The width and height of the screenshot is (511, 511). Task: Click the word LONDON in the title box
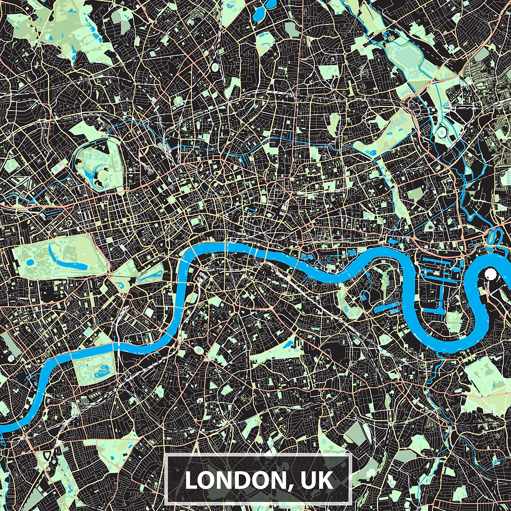click(x=235, y=480)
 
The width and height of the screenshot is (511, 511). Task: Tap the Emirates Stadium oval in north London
click(x=213, y=68)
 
